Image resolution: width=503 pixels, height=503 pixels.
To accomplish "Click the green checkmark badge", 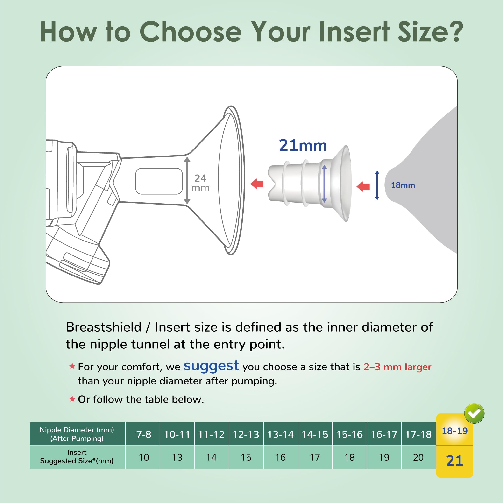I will coord(474,413).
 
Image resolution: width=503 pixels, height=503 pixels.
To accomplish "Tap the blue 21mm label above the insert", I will coord(303,145).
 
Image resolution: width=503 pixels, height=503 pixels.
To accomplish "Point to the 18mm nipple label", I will coord(403,185).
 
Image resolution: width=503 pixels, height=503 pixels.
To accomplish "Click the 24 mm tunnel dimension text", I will coord(200,183).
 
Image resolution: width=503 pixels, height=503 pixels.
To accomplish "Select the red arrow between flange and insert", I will coord(257,184).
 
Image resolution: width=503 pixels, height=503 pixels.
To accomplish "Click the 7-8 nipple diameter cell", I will coord(144,434).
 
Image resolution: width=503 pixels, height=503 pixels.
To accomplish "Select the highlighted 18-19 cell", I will coord(454,431).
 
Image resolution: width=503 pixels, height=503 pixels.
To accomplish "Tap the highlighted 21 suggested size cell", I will coord(454,460).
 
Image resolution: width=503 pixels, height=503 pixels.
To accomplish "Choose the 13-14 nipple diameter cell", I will coord(280,434).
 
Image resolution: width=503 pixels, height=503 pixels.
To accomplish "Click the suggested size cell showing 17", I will coord(315,457).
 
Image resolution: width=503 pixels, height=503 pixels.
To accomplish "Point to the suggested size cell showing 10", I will coord(144,457).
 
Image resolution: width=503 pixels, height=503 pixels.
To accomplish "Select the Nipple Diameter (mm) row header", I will coord(77,434).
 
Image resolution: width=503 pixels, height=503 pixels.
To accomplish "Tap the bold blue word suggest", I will coord(211,366).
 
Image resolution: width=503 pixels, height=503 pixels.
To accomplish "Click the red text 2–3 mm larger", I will coord(397,367).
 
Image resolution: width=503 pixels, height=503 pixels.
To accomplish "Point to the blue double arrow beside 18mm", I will coord(377,185).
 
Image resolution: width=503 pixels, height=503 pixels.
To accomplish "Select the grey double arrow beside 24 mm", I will coord(187,180).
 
